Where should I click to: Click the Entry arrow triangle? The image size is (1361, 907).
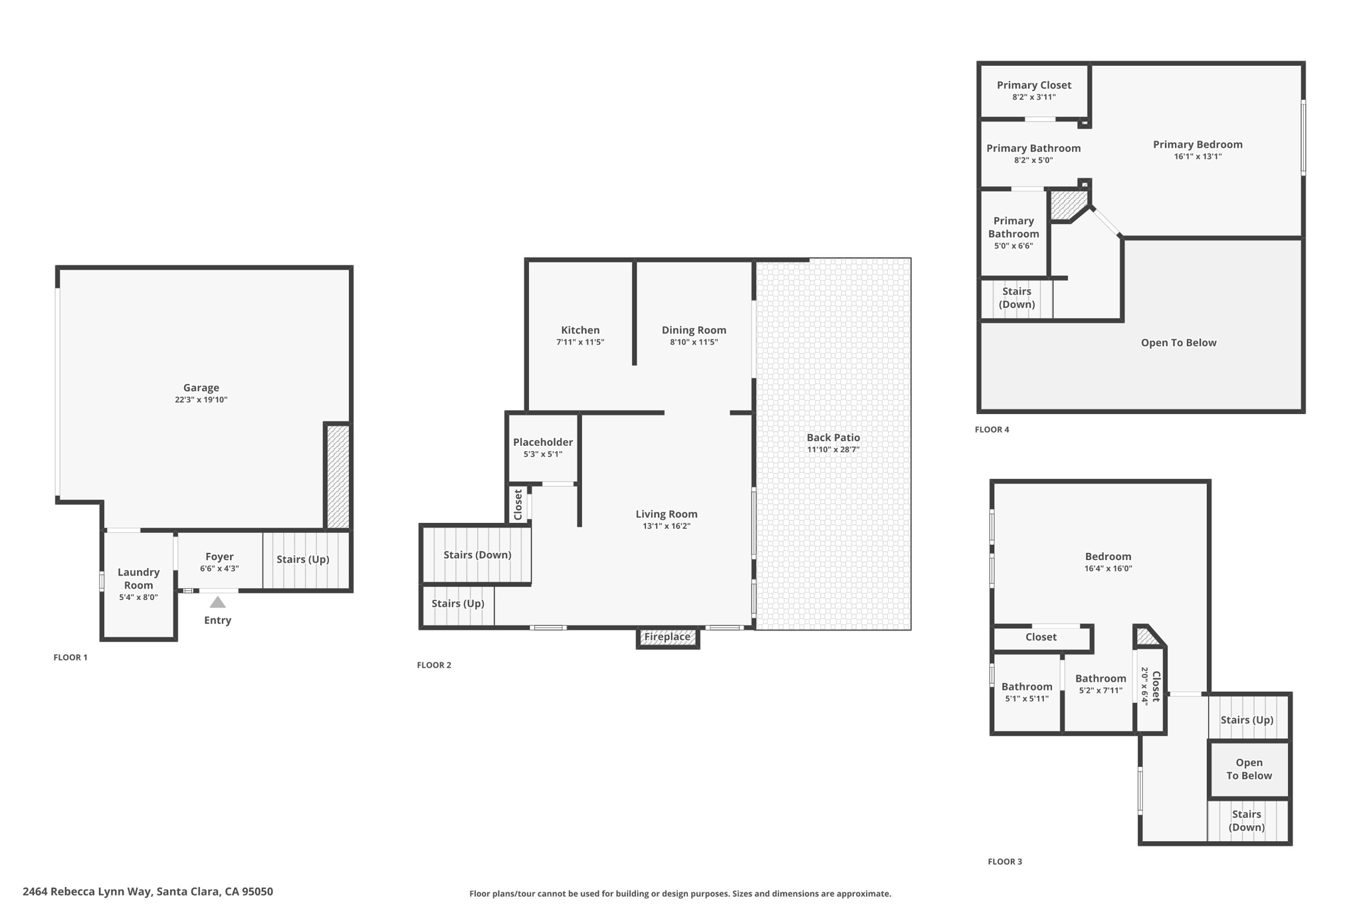217,603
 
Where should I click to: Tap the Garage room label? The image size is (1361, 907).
201,387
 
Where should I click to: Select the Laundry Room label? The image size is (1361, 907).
138,578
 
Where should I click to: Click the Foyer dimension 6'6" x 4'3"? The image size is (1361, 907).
219,569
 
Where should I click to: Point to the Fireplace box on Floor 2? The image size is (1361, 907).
667,637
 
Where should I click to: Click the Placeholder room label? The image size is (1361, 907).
542,442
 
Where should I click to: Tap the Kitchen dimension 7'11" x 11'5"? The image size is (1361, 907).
579,342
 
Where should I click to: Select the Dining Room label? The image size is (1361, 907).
693,330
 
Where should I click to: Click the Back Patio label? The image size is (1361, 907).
833,437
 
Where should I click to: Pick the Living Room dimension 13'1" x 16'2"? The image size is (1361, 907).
666,526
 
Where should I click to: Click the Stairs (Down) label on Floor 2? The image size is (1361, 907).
477,555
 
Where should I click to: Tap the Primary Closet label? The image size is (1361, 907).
1033,85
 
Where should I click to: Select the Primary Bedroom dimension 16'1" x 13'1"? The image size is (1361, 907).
1197,157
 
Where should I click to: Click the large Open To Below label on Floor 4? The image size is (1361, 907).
1178,343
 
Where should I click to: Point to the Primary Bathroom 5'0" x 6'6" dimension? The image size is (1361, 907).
1013,246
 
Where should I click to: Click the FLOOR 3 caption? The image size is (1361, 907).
1004,862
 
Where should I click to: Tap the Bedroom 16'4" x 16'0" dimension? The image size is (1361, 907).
1108,569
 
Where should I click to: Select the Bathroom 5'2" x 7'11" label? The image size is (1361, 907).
1100,678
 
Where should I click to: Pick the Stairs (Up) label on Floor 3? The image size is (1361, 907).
1247,720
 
